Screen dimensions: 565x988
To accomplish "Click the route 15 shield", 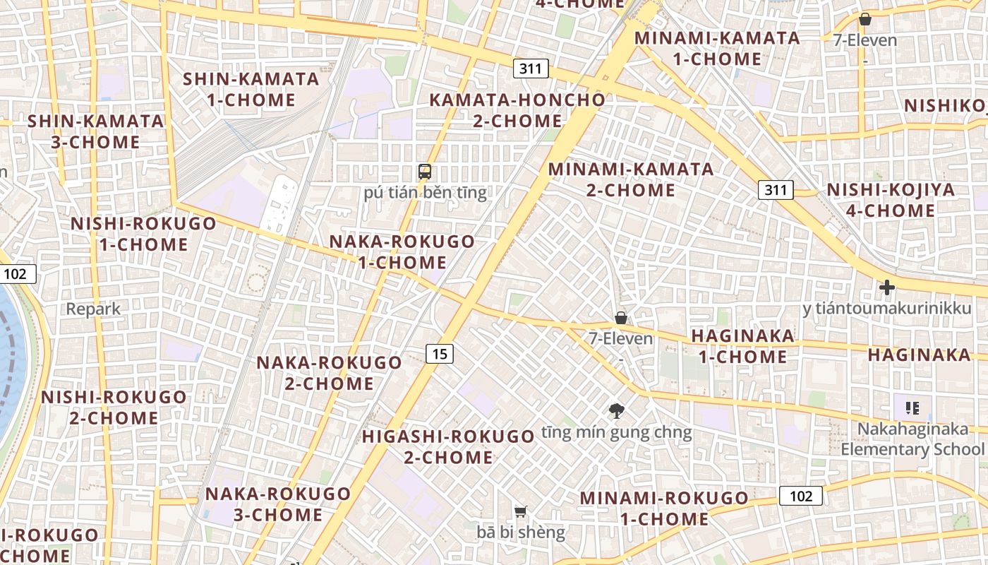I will click(x=439, y=354).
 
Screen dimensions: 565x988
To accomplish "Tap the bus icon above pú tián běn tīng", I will click(x=425, y=171).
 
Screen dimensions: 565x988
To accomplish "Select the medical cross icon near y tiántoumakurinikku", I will click(x=887, y=287).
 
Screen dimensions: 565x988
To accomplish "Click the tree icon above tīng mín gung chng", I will click(x=617, y=410).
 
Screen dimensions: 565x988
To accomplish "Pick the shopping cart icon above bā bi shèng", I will click(x=521, y=511).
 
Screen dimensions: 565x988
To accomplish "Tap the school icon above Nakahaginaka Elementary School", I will click(x=912, y=408).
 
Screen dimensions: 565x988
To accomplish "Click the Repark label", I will click(x=94, y=309).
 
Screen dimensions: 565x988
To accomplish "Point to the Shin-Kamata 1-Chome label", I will click(x=251, y=90).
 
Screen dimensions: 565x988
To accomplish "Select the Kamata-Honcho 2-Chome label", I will click(x=517, y=110).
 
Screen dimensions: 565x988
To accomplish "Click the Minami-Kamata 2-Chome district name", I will click(x=631, y=179).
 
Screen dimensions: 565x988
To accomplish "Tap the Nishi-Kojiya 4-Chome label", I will click(x=891, y=200).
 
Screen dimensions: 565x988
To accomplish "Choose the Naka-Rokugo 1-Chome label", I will click(x=402, y=252).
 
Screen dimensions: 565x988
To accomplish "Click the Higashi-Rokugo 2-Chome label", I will click(x=448, y=446).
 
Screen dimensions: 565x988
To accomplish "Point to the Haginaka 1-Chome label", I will click(x=742, y=346).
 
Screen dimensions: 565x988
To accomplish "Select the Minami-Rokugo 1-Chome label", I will click(x=663, y=509).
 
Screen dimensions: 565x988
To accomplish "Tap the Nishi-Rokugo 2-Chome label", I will click(x=114, y=407).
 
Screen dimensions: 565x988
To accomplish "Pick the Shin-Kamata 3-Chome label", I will click(x=95, y=131).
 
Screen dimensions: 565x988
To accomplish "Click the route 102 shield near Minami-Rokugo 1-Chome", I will click(x=801, y=496).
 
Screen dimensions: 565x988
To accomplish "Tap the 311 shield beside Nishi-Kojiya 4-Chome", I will click(x=776, y=189).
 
